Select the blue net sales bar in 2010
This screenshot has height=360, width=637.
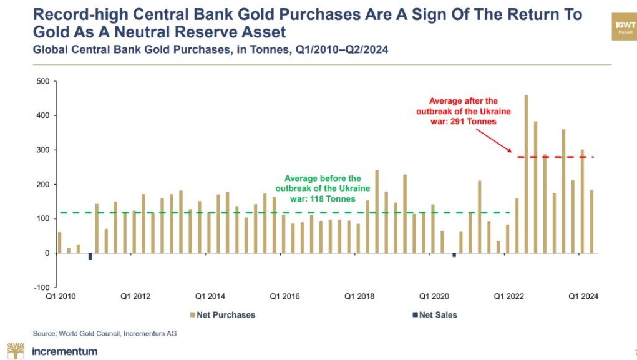90,256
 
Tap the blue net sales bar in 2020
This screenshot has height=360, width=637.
454,255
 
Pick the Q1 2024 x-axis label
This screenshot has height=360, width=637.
583,296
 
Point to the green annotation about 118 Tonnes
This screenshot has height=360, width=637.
323,188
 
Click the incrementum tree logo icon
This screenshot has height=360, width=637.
16,351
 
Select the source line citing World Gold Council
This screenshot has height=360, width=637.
104,334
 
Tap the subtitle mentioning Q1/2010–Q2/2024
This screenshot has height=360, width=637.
210,50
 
